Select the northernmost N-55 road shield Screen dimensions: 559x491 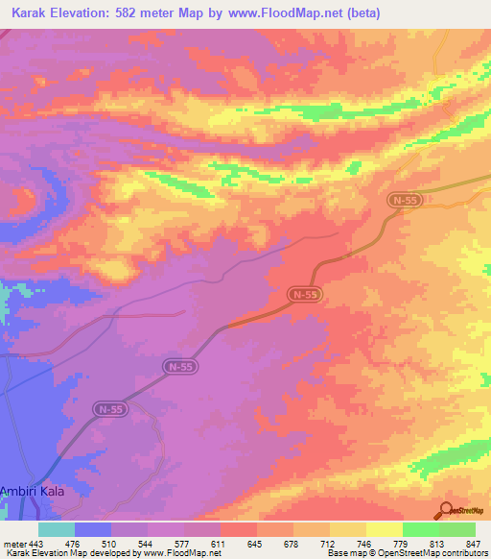pyautogui.click(x=403, y=199)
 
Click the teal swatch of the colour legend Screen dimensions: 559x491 pyautogui.click(x=57, y=529)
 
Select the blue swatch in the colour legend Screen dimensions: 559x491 pyautogui.click(x=93, y=529)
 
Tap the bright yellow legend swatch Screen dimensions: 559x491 pyautogui.click(x=384, y=529)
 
